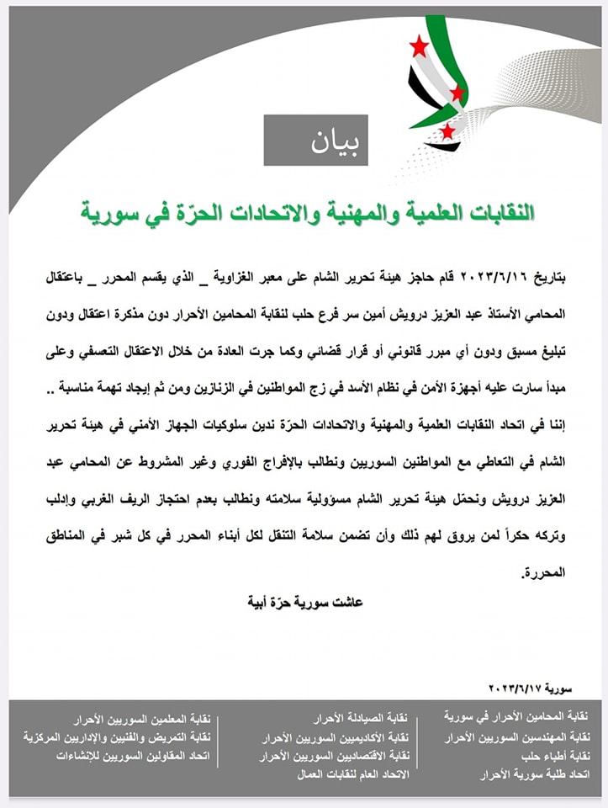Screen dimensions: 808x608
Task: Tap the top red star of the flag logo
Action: [x=419, y=46]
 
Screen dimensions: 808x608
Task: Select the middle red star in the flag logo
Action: [x=457, y=92]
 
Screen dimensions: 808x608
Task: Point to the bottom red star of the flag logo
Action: [x=447, y=130]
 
